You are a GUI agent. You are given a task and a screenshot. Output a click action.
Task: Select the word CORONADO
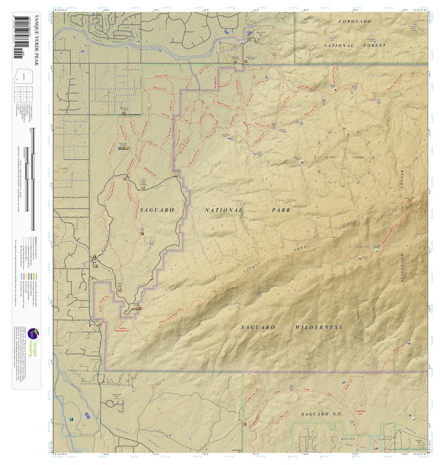click(x=355, y=21)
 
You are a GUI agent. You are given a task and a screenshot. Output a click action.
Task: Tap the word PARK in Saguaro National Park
click(x=281, y=210)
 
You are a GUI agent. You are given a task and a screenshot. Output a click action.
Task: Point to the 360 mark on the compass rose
click(x=344, y=128)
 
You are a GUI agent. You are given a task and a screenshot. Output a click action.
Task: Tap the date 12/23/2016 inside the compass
click(x=357, y=157)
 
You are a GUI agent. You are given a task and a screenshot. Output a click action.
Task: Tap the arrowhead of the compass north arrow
click(x=349, y=134)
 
